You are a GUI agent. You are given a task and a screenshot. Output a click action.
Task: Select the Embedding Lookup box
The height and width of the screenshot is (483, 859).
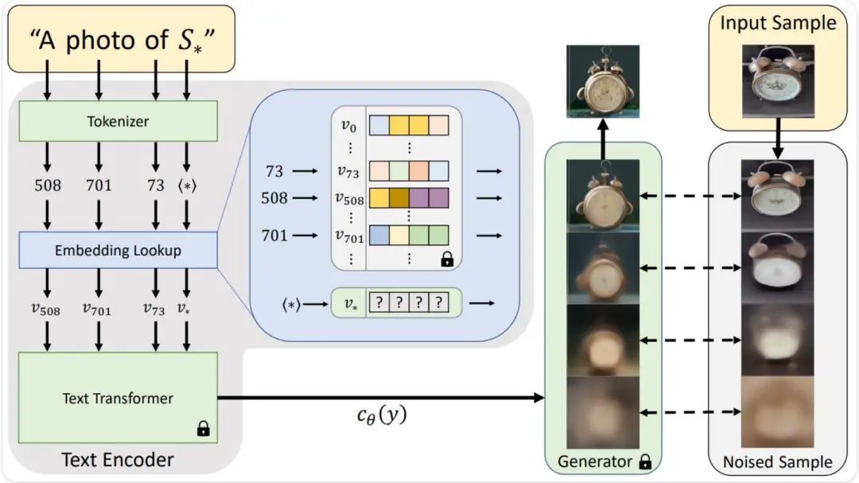pos(117,251)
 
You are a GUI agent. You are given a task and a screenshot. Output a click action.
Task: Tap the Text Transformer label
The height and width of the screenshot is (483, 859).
pos(117,398)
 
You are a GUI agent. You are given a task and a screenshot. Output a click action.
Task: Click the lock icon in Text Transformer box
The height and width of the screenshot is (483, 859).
pos(203,430)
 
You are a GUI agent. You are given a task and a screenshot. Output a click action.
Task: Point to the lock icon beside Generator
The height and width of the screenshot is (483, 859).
pos(645,461)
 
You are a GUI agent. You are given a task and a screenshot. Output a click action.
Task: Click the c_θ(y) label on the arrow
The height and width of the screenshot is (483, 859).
pos(380,414)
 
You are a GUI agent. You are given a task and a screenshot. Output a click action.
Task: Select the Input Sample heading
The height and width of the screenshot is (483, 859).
pos(778,22)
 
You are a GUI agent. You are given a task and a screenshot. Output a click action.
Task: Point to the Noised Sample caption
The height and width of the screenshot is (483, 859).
pos(777,462)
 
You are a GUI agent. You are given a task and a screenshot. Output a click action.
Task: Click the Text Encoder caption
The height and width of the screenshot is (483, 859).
pos(117,459)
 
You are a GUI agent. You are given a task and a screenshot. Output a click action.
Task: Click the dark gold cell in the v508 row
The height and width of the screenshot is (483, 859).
pos(400,198)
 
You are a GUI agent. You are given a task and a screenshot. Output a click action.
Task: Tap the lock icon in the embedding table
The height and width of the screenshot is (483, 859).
pos(447,259)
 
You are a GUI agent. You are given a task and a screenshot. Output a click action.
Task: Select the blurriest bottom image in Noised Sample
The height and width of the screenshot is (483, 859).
pos(777,411)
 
